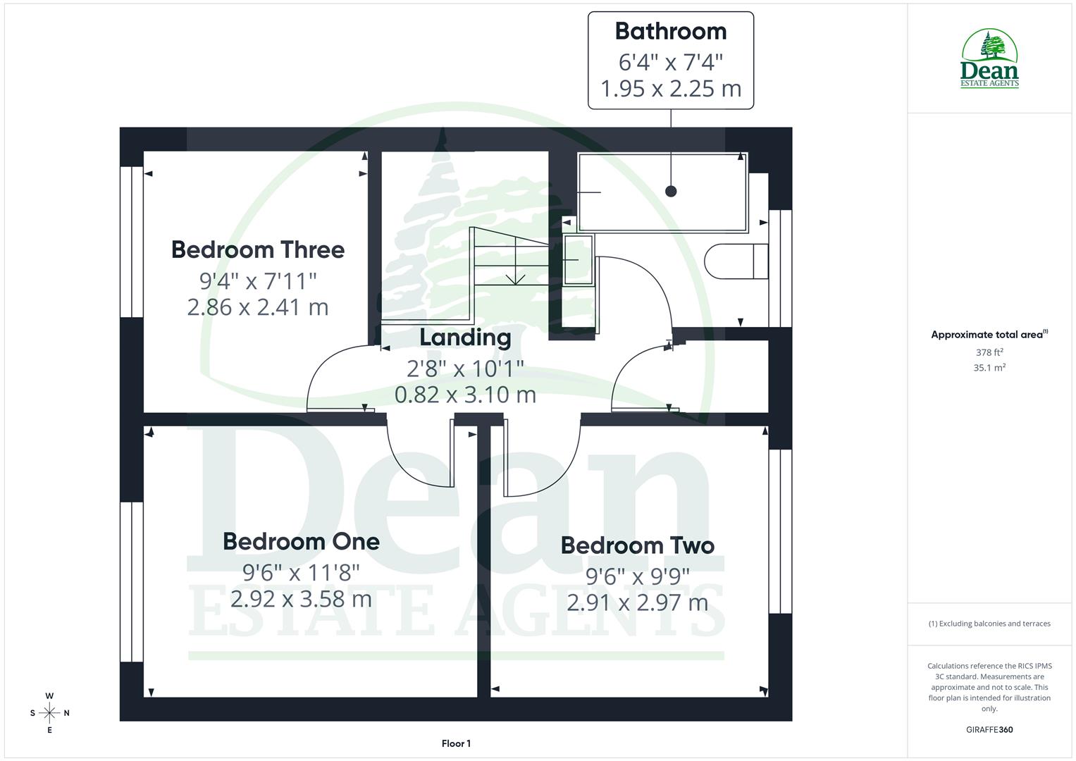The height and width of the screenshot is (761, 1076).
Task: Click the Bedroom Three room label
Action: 258,249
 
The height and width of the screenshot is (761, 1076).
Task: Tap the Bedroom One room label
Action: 301,541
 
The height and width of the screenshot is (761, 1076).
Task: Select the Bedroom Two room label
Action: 637,545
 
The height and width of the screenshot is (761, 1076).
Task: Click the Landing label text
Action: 465,338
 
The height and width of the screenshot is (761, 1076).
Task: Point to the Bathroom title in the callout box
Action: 670,31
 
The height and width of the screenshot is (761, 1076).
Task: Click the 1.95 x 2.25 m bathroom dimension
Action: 670,89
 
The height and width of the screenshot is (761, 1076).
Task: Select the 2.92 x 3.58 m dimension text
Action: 301,599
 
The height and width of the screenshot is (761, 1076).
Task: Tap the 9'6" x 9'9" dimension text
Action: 637,577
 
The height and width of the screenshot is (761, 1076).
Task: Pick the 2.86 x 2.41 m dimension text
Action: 258,307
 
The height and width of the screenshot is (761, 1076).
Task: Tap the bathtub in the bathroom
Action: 662,192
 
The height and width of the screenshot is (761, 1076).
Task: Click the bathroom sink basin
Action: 579,259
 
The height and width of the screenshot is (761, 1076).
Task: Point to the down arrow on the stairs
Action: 515,279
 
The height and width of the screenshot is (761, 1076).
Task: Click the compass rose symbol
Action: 49,713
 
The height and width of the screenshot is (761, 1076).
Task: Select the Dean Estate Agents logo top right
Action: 989,59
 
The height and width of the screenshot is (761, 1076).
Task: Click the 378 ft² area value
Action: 989,352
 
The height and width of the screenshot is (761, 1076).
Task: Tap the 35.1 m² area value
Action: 989,368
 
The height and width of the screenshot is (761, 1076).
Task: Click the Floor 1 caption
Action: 456,743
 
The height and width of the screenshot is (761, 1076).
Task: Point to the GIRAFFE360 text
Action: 989,729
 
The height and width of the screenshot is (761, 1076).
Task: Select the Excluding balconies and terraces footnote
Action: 989,624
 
